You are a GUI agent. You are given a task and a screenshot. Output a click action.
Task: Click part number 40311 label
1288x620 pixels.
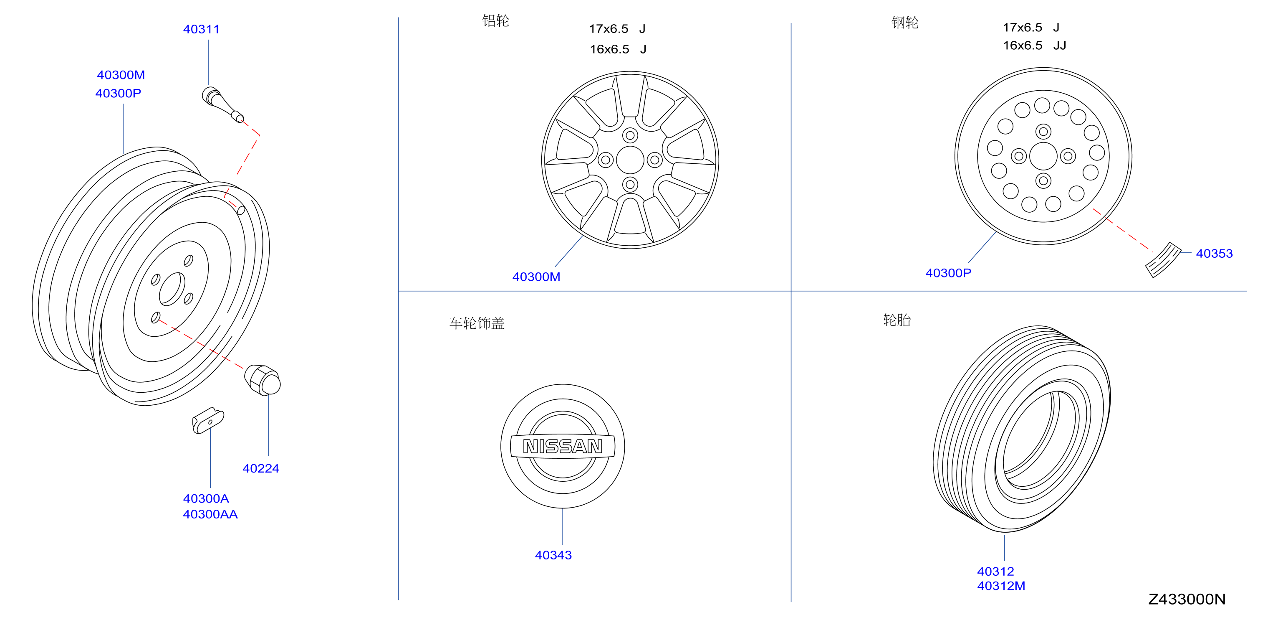201,29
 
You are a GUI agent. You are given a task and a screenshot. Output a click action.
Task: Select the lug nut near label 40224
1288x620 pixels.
263,380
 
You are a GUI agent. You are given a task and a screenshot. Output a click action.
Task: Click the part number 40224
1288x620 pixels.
260,468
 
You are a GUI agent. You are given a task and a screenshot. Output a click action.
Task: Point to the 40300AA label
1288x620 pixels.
210,514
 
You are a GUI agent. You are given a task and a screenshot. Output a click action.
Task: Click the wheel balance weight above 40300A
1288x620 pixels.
208,420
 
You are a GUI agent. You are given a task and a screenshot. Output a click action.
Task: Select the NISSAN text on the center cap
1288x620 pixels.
563,446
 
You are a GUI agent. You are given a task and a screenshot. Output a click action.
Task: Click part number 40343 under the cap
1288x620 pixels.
553,555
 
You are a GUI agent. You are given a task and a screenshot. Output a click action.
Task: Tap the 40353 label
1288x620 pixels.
1214,253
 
